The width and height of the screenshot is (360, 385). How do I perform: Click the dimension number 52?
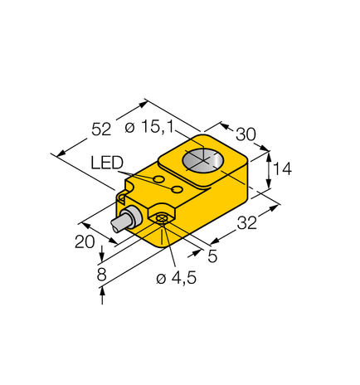coord(100,129)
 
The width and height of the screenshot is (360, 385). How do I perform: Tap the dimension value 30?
coord(246,134)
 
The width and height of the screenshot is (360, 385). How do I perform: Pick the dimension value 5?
coord(213,256)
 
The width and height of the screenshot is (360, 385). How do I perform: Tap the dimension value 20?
coord(85,241)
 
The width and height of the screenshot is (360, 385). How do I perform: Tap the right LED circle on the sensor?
coord(177,190)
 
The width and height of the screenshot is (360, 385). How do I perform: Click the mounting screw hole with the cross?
coord(163,219)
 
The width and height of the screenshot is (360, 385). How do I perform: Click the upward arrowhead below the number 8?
coord(102,290)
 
